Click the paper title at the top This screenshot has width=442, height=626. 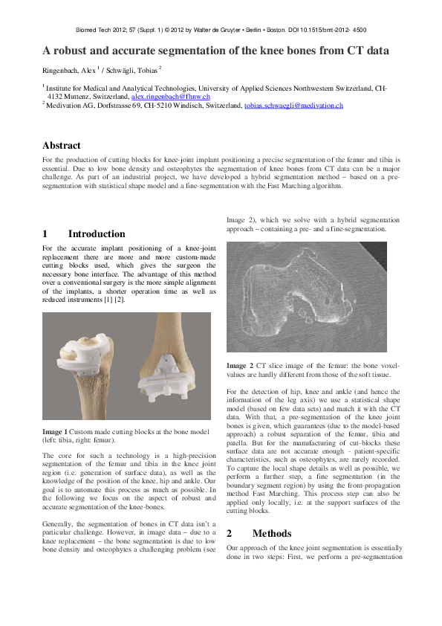point(215,51)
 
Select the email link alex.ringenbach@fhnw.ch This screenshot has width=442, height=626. point(170,97)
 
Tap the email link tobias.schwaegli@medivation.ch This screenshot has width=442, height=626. point(293,106)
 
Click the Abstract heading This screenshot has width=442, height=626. point(62,145)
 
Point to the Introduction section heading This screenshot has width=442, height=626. point(97,234)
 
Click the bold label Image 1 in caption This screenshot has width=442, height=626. point(55,432)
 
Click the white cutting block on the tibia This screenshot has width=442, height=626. point(77,354)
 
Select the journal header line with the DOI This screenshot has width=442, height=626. point(221,30)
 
